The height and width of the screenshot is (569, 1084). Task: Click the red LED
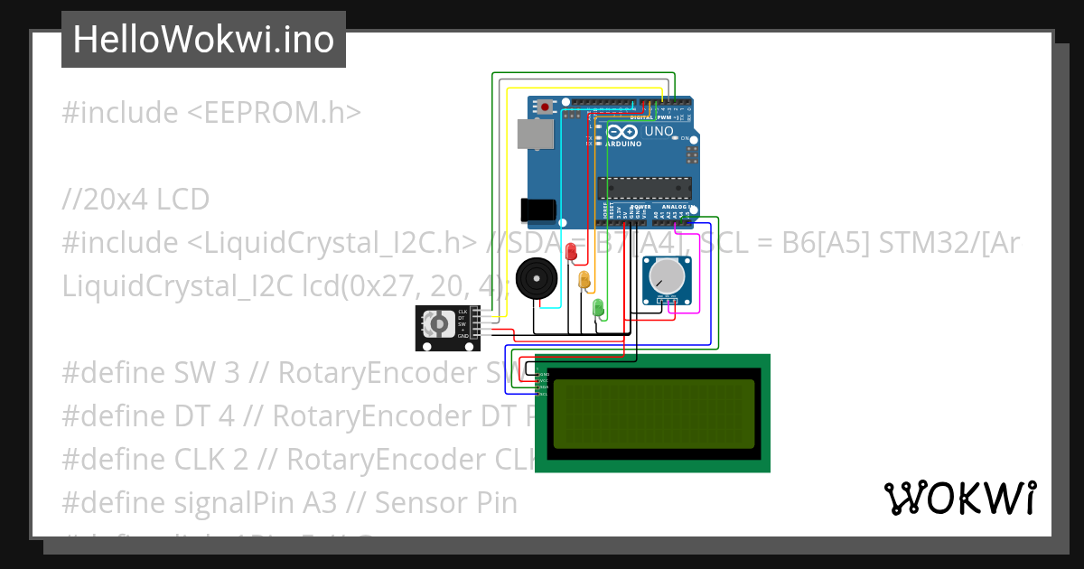point(570,252)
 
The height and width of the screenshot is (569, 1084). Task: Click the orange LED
point(584,280)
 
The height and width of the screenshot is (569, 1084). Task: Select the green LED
point(597,308)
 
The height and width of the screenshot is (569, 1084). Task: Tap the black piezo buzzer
point(537,278)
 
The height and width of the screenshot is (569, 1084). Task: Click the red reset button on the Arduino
point(544,107)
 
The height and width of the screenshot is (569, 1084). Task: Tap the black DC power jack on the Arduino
point(537,210)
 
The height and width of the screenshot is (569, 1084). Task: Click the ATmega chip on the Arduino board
point(644,188)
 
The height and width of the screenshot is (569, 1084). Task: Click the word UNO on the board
point(659,132)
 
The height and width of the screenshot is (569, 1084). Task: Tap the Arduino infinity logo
point(629,132)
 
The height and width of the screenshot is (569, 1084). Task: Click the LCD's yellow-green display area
point(653,414)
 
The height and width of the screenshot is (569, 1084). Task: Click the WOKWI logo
point(959,498)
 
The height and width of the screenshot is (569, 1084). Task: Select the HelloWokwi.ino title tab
point(203,40)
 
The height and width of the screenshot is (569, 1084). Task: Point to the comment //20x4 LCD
point(135,199)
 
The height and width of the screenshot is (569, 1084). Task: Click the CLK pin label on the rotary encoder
point(463,311)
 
